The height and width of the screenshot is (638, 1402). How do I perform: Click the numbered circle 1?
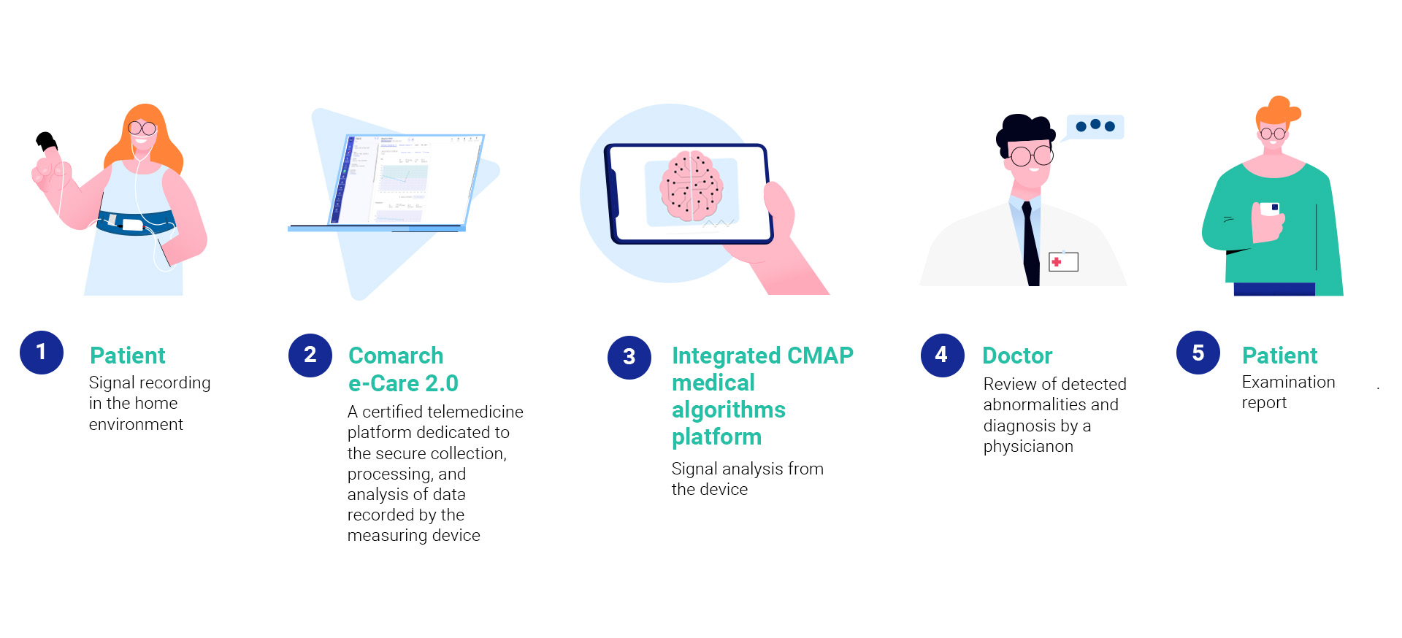[x=42, y=353]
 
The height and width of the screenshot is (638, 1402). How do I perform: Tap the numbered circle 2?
[x=310, y=355]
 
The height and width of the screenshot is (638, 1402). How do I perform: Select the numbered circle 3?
[x=629, y=358]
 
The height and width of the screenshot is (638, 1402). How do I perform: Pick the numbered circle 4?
[x=943, y=355]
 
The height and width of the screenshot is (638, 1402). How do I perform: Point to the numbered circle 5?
[x=1198, y=353]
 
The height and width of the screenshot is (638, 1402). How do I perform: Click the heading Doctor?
[x=1017, y=355]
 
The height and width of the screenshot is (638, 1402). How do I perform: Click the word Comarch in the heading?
[x=396, y=355]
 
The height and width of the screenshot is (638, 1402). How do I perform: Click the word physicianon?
[x=1028, y=447]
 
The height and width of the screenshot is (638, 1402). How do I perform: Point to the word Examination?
[x=1288, y=382]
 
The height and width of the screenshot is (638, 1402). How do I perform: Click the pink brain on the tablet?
[x=692, y=186]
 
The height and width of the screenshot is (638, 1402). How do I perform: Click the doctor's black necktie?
[x=1030, y=245]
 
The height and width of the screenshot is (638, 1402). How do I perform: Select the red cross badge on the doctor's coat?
[x=1063, y=261]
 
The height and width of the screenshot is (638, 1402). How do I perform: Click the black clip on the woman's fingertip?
[x=47, y=140]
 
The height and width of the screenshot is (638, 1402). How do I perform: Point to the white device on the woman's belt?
[x=132, y=225]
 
